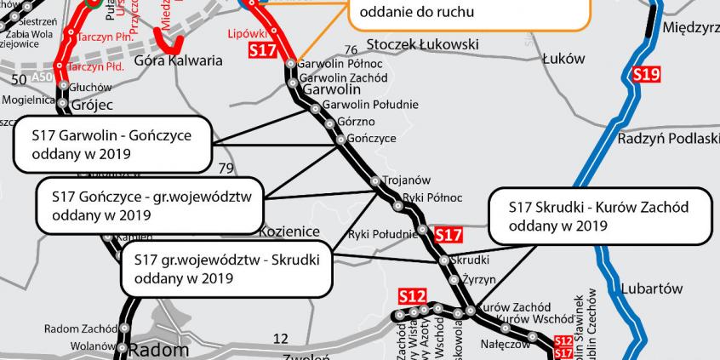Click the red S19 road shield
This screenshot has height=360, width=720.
point(646,75)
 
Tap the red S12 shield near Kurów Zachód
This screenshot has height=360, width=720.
point(412,296)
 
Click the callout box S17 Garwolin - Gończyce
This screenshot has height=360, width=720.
point(112,144)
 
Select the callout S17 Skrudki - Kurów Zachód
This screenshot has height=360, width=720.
point(600,216)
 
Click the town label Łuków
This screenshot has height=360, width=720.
point(563,59)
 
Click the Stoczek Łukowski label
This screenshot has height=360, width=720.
point(422,44)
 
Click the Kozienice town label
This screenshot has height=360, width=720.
point(289,231)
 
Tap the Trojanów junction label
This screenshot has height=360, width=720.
point(406,180)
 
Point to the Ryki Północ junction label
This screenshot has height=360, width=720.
point(432,197)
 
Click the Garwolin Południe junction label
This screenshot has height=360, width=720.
point(370,105)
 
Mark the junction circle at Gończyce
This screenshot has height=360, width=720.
point(340,139)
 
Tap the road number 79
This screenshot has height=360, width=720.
point(226,169)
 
